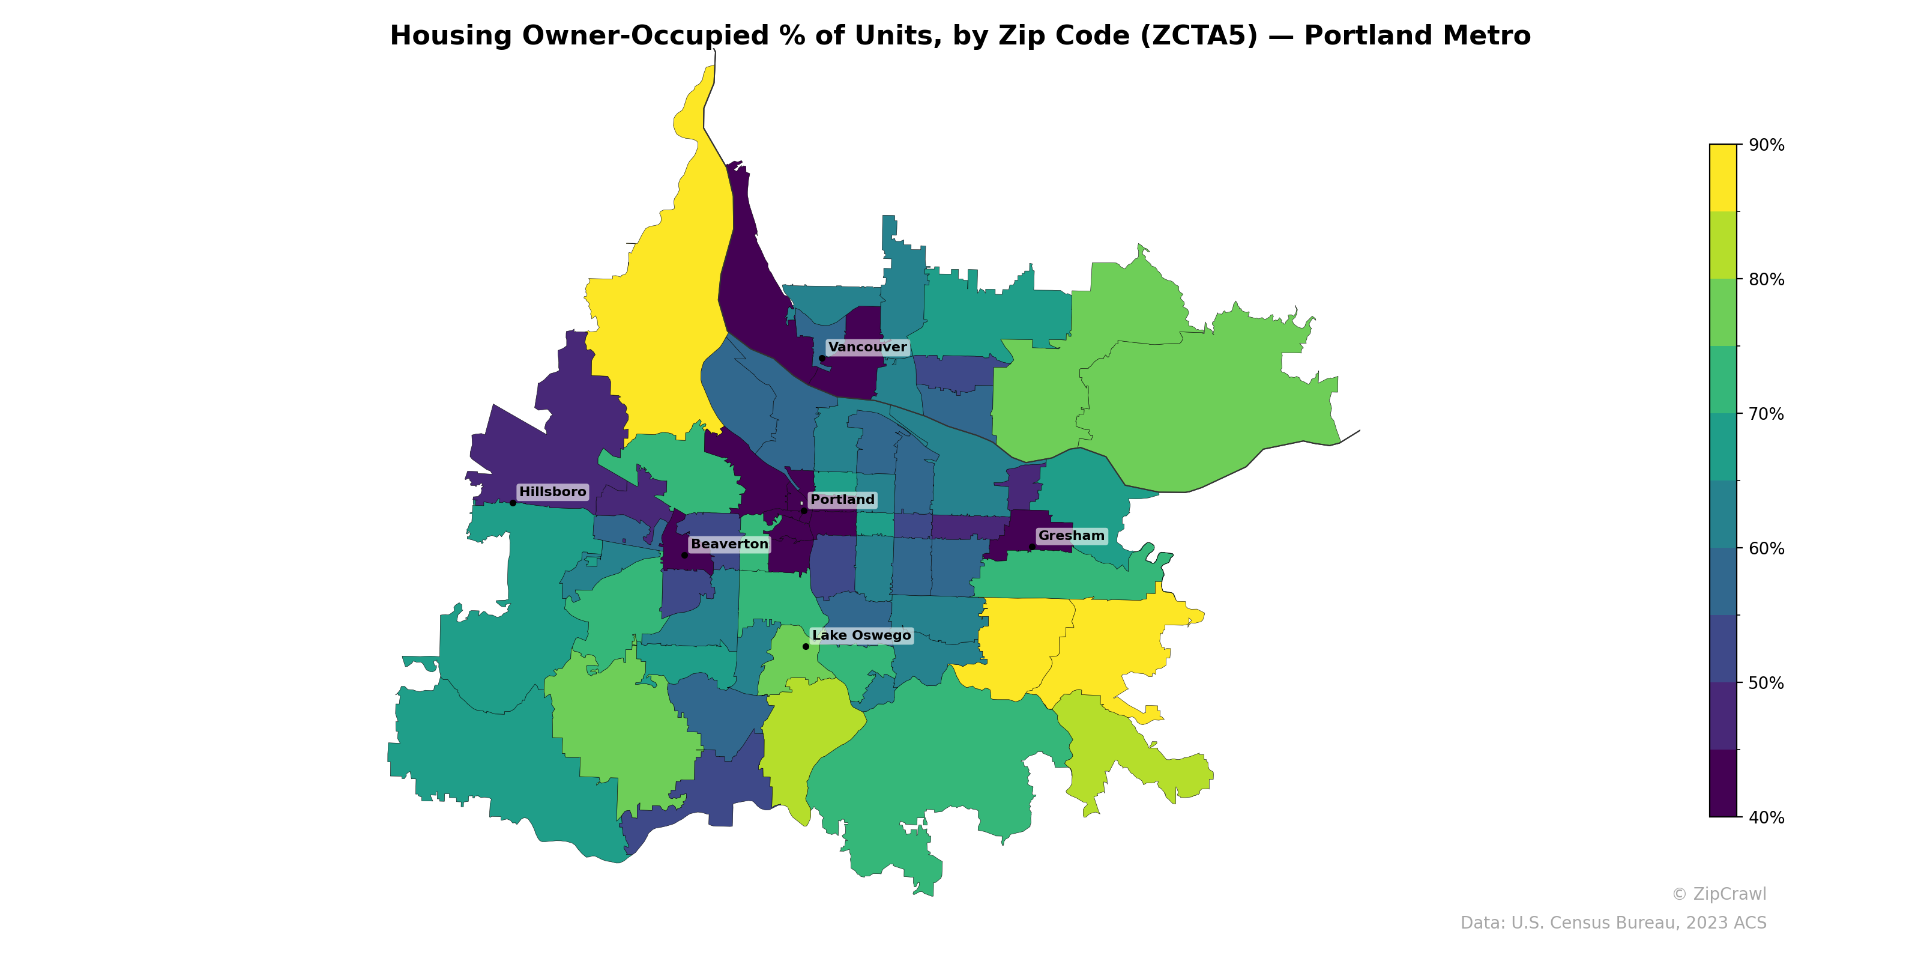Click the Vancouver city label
click(867, 347)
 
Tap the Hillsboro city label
click(552, 492)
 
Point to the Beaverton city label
click(729, 544)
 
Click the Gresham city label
click(1071, 536)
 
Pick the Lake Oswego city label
click(861, 635)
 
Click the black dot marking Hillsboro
click(512, 503)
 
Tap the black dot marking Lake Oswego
click(806, 646)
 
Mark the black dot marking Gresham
click(1031, 547)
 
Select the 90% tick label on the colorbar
click(1767, 145)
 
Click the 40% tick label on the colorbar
click(1767, 817)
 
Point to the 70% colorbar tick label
click(1767, 414)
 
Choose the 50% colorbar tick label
click(1767, 684)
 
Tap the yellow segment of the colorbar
click(1723, 178)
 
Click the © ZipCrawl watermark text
click(1719, 894)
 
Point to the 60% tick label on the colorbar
click(1767, 549)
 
